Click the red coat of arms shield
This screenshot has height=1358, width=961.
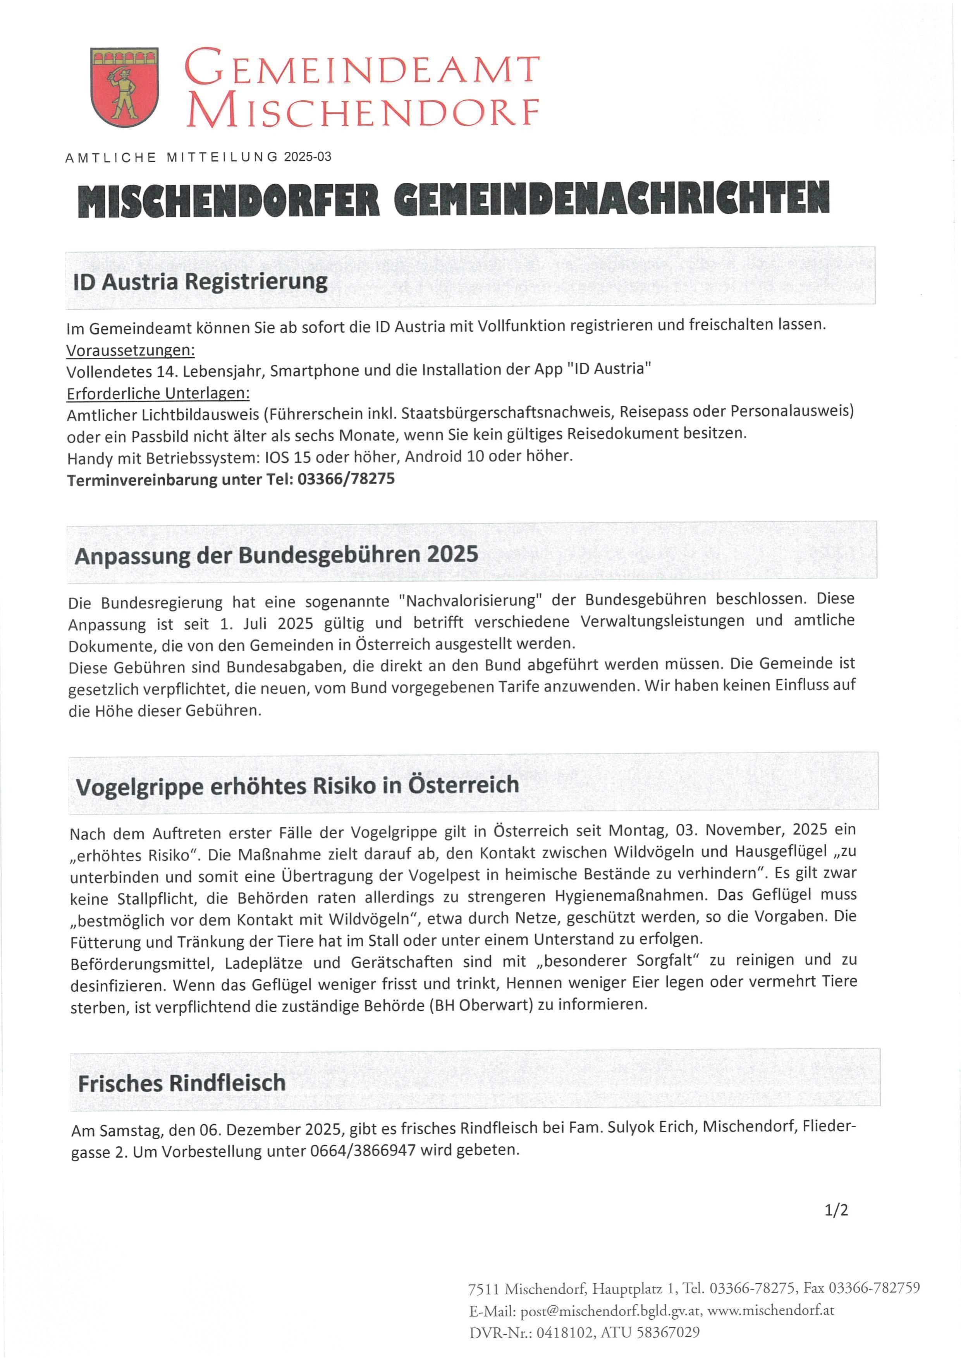[125, 87]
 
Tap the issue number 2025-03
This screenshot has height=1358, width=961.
[308, 157]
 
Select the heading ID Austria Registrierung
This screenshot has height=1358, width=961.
[200, 281]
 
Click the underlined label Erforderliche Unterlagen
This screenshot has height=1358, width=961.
[158, 393]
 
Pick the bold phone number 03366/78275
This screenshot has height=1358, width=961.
[346, 479]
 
